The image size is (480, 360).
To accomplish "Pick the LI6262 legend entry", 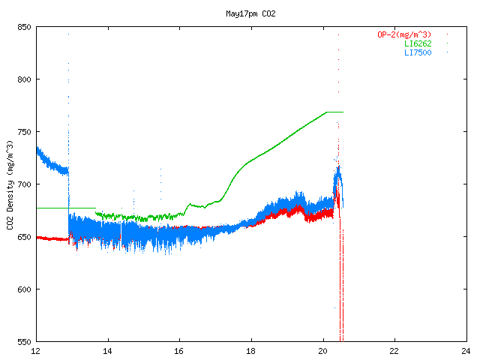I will (418, 43).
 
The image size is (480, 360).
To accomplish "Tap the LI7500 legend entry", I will (418, 52).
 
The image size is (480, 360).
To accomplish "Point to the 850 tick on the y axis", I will (23, 27).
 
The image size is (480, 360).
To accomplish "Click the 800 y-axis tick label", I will (23, 79).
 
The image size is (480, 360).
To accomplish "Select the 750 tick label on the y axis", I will (23, 132).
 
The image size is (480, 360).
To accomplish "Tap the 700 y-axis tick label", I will (23, 184).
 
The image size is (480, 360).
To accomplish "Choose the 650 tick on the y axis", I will (23, 237).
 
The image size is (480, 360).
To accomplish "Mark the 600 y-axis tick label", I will (23, 289).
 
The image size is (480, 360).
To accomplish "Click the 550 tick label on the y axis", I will (23, 342).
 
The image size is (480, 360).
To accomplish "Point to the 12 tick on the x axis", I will (36, 350).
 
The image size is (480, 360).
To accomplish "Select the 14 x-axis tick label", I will (108, 350).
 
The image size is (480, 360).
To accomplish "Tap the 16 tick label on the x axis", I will (179, 350).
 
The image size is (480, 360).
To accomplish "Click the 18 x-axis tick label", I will (251, 350).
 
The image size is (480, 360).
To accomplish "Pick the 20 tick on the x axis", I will (322, 350).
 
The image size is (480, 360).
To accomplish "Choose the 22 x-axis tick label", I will (394, 350).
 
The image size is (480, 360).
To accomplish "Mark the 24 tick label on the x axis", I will (466, 350).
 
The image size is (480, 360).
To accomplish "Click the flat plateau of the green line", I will (334, 112).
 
